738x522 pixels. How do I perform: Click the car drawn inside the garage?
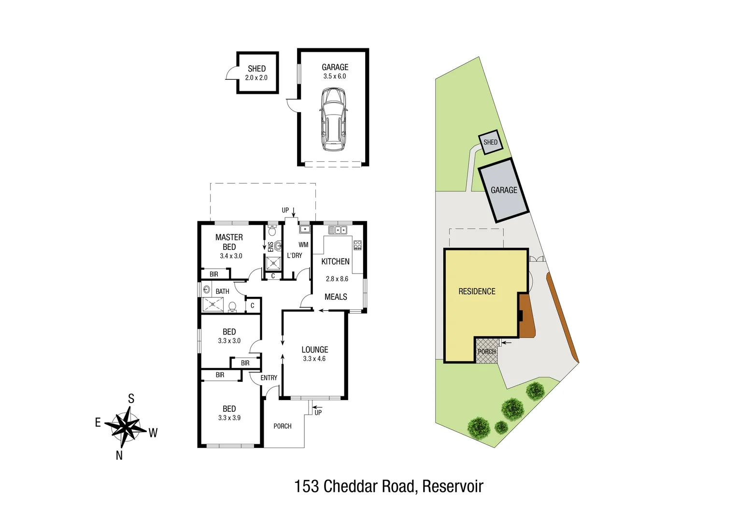[333, 119]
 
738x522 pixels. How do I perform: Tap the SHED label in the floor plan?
[256, 69]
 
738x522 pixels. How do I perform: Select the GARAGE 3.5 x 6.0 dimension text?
[335, 76]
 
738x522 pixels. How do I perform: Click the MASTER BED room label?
[229, 242]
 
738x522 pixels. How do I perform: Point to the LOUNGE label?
[314, 349]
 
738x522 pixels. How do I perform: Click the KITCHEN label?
[335, 261]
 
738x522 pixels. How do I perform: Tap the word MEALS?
[336, 297]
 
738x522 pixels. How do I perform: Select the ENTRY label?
[269, 377]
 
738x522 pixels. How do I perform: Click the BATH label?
[222, 291]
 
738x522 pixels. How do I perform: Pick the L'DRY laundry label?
[294, 255]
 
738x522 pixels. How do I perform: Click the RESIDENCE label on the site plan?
[477, 291]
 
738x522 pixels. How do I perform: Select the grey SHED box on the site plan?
[490, 142]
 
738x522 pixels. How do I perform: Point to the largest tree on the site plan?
[479, 427]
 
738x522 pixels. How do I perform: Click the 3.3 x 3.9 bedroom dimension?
[229, 418]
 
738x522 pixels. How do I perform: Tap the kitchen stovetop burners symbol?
[357, 245]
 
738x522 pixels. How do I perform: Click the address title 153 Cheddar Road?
[388, 486]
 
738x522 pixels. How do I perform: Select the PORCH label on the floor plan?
[283, 426]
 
